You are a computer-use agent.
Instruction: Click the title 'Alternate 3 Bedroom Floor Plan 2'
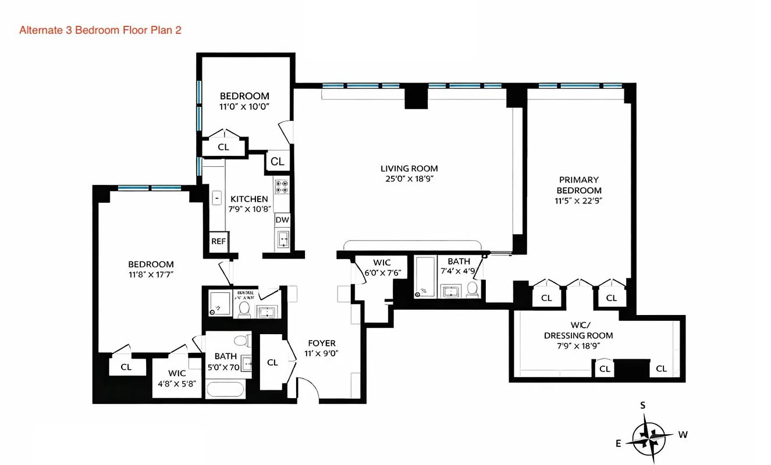pyautogui.click(x=100, y=30)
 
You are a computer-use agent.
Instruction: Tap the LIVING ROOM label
pyautogui.click(x=407, y=169)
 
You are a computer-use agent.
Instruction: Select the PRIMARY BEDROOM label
pyautogui.click(x=578, y=185)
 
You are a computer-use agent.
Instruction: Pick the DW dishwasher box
pyautogui.click(x=282, y=220)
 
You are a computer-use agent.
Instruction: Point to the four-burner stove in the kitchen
pyautogui.click(x=282, y=186)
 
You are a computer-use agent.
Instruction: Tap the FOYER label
pyautogui.click(x=321, y=343)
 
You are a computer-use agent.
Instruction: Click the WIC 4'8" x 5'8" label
pyautogui.click(x=177, y=378)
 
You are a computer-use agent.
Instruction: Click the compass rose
pyautogui.click(x=649, y=434)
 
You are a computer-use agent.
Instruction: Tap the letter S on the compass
pyautogui.click(x=643, y=406)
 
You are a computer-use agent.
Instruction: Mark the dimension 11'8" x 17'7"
pyautogui.click(x=151, y=274)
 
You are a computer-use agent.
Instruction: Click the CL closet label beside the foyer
pyautogui.click(x=272, y=362)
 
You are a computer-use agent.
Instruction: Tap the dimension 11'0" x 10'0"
pyautogui.click(x=244, y=106)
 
